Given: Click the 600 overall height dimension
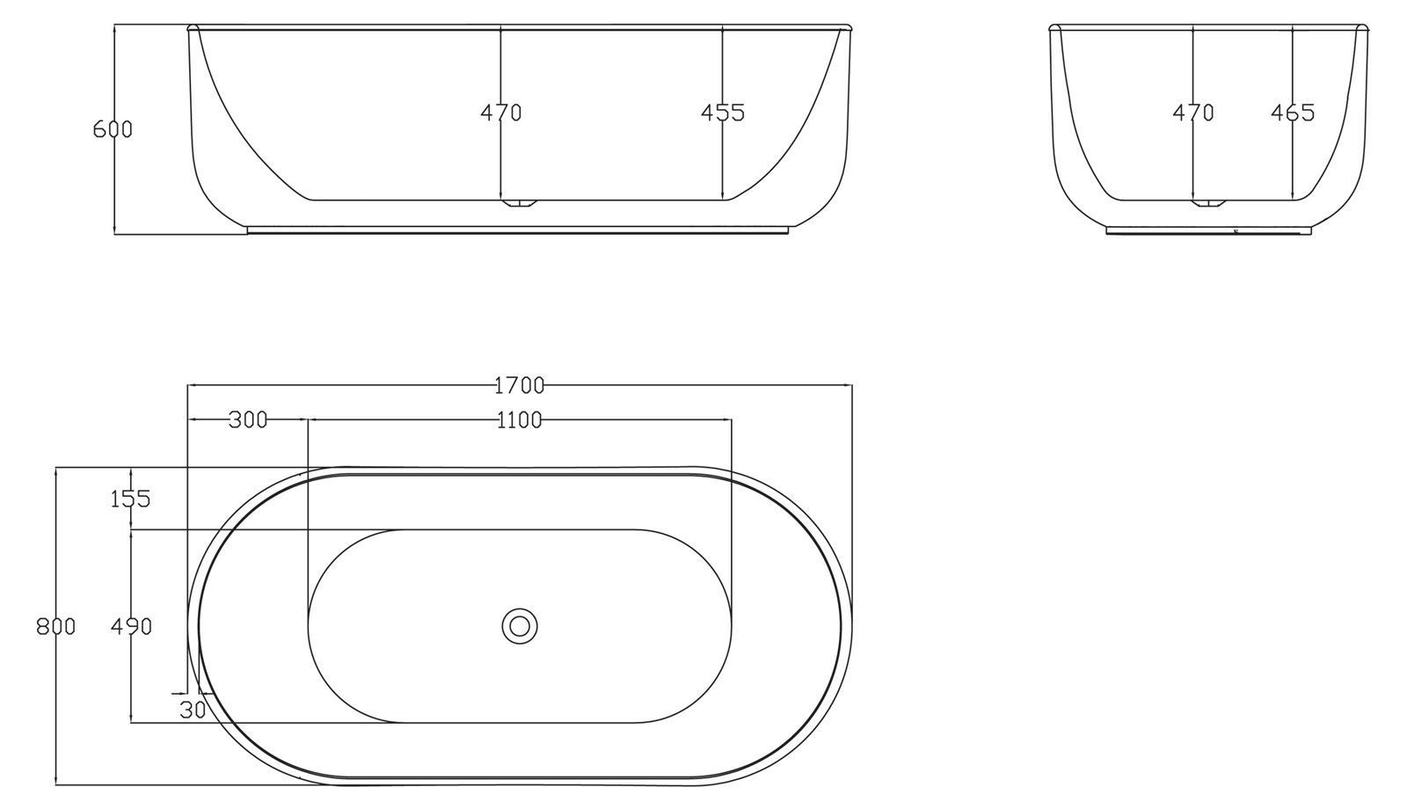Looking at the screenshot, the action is pyautogui.click(x=113, y=129).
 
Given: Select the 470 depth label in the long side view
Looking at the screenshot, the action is pyautogui.click(x=501, y=113).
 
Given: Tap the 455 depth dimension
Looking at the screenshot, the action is pyautogui.click(x=722, y=113).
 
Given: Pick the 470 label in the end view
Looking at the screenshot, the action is pyautogui.click(x=1192, y=113).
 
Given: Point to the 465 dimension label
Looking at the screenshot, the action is pyautogui.click(x=1293, y=113).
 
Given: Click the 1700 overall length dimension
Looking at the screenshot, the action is pyautogui.click(x=520, y=386).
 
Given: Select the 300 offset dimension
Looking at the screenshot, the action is pyautogui.click(x=248, y=419).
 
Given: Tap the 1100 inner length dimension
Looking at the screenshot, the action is pyautogui.click(x=520, y=419).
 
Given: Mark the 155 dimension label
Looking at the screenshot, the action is pyautogui.click(x=131, y=499).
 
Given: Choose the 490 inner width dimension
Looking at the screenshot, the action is pyautogui.click(x=131, y=626).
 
